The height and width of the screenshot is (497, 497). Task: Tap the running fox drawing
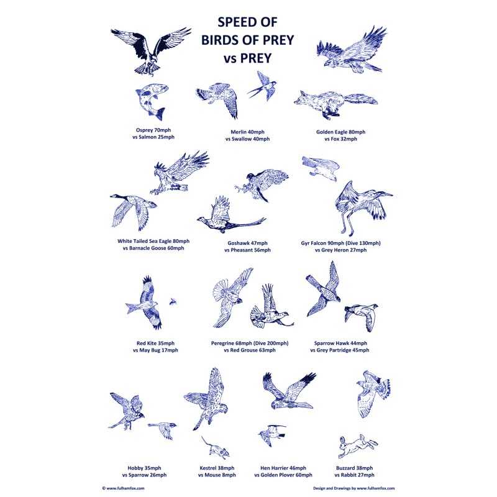tap(335, 104)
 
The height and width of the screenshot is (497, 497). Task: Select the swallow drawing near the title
tap(262, 86)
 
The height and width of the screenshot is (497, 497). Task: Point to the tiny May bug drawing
tap(173, 301)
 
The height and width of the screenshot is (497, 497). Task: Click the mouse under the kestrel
tap(215, 447)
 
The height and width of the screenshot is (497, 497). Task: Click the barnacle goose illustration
tap(134, 211)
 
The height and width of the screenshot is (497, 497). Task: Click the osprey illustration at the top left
tap(151, 51)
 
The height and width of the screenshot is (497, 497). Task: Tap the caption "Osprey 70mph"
tap(153, 130)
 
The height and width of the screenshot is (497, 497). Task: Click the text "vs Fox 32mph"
tap(340, 139)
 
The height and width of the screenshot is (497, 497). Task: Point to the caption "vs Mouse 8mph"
tap(217, 475)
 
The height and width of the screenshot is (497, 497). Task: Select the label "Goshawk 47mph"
tap(247, 243)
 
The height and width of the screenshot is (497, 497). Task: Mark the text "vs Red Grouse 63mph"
tap(250, 350)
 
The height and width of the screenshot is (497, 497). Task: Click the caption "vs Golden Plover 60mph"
tap(283, 475)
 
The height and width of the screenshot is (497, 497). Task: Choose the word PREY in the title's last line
tap(256, 58)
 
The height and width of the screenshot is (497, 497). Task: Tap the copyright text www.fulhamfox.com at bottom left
tap(123, 488)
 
